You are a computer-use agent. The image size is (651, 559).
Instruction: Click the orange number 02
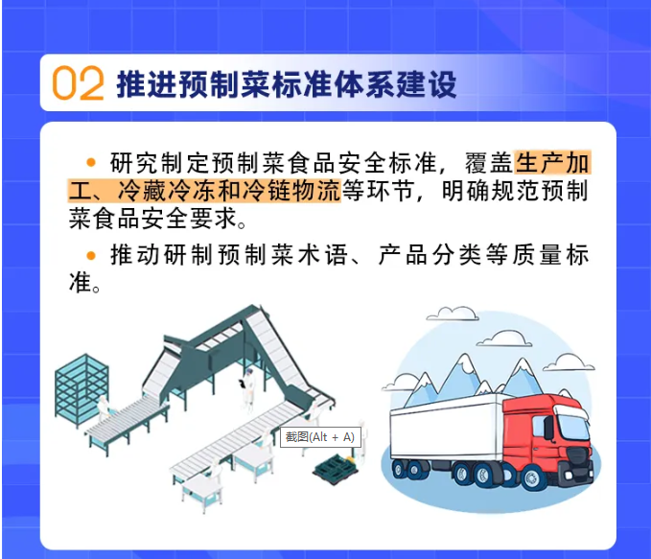coord(78,83)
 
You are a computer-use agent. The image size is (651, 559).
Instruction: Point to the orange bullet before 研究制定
coord(90,162)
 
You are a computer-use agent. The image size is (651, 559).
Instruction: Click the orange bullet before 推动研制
coord(90,255)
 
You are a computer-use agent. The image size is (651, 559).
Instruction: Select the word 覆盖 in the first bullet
coord(489,162)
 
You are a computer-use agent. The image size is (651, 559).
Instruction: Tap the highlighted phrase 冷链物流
coord(292,191)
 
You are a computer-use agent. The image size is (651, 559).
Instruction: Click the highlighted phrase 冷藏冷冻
coord(168,191)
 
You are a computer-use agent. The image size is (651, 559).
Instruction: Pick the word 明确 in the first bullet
coord(465,191)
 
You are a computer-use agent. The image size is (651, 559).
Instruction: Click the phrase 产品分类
coord(430,255)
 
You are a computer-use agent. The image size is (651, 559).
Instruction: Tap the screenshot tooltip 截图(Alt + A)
coord(320,437)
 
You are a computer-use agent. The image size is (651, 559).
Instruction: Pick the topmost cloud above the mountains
coord(453,314)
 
